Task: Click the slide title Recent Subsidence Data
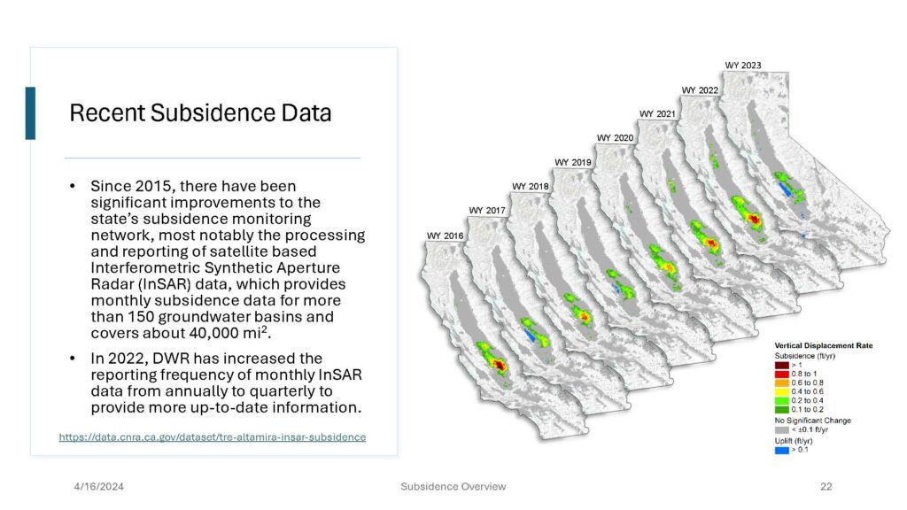200,112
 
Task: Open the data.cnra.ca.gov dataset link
213,437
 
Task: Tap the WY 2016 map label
445,236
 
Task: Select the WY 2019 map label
573,163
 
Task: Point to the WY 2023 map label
743,66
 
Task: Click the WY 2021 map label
657,114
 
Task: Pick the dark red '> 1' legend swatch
781,365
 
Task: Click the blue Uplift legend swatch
781,450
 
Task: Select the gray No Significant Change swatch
781,429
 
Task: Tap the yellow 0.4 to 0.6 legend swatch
781,391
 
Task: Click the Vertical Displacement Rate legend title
824,345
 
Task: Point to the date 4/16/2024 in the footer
99,487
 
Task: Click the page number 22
826,487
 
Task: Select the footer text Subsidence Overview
453,487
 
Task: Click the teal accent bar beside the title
30,113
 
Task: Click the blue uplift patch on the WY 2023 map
785,189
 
